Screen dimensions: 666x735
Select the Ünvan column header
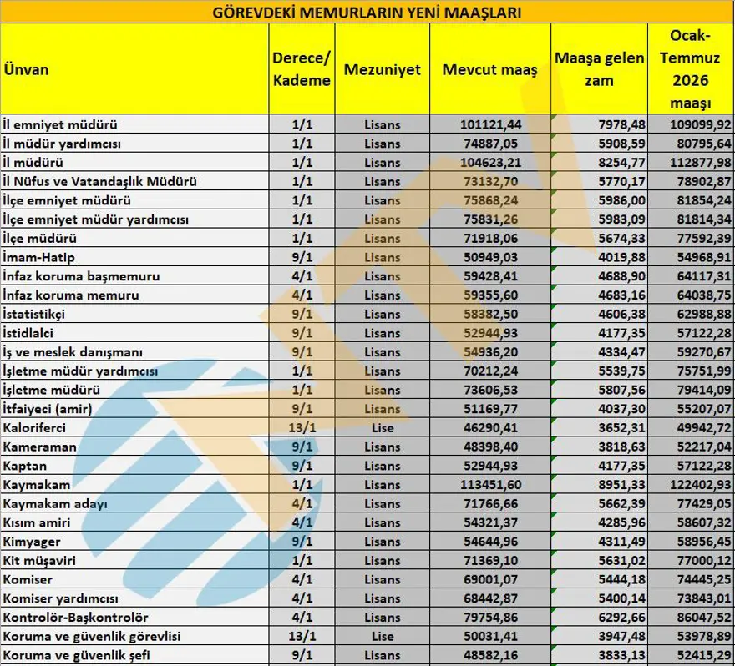[x=25, y=69]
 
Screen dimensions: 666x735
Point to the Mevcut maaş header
[x=489, y=70]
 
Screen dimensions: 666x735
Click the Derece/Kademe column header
[x=302, y=70]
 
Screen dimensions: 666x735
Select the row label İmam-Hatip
[x=39, y=256]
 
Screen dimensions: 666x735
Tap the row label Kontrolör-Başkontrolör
[x=75, y=618]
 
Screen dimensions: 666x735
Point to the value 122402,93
[x=701, y=485]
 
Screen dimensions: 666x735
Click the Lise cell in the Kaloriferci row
[x=383, y=427]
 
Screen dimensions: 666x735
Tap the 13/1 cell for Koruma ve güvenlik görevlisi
[x=302, y=637]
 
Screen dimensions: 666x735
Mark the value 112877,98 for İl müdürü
[x=701, y=162]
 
